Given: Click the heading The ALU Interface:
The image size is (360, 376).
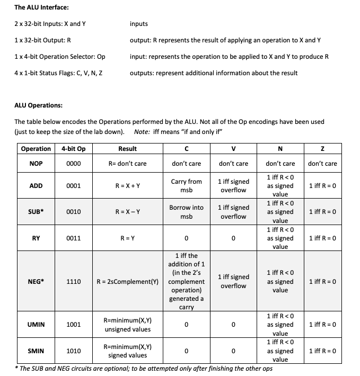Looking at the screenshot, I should pos(41,7).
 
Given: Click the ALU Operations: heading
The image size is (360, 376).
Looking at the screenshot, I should pos(39,105).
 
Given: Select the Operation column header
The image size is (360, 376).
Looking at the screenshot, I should pos(36,149).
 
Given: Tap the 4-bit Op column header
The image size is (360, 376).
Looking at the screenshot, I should pos(73,149).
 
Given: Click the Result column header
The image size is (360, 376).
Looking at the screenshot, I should pos(127,149).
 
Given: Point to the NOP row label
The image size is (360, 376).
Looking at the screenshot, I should pos(36,164).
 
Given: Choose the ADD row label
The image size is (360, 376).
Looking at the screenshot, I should pos(36,186).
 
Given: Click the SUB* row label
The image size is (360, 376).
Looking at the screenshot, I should pos(36,212).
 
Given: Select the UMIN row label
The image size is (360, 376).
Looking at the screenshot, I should pos(36,325).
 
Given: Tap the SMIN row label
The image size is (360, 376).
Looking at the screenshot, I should pos(36,351).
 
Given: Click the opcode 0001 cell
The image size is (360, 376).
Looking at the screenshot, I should pos(73,186).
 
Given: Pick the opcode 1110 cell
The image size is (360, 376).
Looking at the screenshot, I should pos(73,281).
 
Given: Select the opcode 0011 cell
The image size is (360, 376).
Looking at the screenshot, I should pos(73,238).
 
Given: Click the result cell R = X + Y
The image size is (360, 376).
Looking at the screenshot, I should pos(127,186).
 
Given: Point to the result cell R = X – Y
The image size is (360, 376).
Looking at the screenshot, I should pos(127,212).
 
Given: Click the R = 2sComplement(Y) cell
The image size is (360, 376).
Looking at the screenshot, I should pos(127,281).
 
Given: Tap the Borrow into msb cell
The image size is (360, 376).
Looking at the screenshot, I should pos(187,212).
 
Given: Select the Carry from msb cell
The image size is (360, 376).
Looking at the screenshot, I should pos(187,186).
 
